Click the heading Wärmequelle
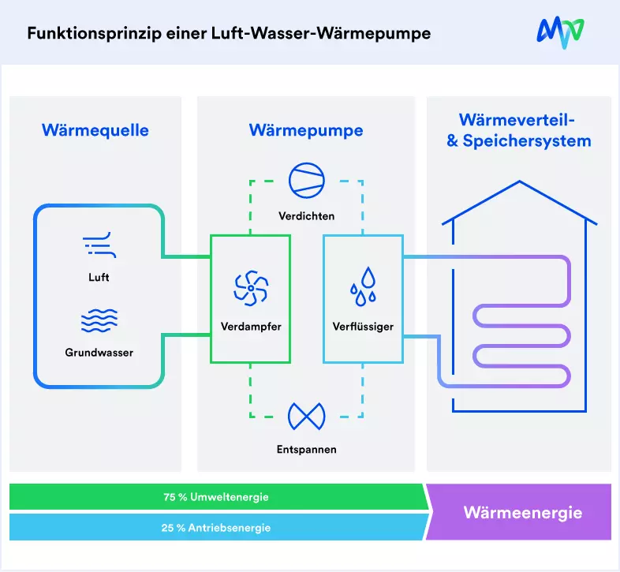[95, 130]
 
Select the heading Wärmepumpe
[306, 130]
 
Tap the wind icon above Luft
[99, 246]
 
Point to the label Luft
[99, 278]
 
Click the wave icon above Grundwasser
[99, 320]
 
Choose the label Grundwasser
[99, 353]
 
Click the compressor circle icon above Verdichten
[306, 181]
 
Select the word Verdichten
[306, 215]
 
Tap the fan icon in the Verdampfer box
[251, 289]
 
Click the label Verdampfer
[251, 326]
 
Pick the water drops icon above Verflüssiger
[363, 286]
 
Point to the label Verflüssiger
[363, 326]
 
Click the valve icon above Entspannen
[306, 415]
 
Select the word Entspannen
[306, 450]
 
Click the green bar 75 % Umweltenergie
[215, 497]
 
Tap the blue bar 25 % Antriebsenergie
[215, 528]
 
